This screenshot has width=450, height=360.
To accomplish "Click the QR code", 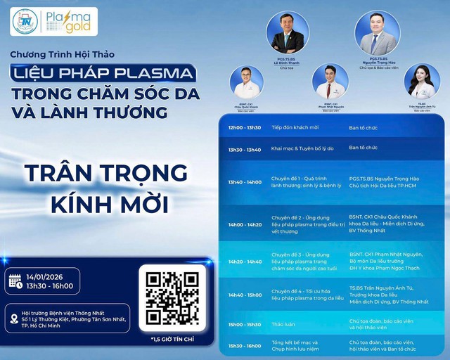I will tap(172, 297).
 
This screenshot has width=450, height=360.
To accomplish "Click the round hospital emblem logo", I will tap(26, 22).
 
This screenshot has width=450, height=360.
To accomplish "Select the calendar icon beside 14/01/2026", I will tap(15, 281).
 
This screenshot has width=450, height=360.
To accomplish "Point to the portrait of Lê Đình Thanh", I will tap(287, 31).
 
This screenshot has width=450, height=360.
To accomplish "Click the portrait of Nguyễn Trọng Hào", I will tap(378, 32).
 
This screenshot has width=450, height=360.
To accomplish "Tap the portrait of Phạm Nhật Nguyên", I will tap(330, 82).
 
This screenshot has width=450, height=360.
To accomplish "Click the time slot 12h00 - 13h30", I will tap(244, 128).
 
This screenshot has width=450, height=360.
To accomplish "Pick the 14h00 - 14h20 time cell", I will tap(244, 225).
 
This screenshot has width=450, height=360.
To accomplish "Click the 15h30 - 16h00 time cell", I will tap(244, 345).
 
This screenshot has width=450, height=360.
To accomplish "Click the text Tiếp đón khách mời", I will tap(295, 128).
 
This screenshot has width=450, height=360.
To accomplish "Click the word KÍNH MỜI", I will tap(105, 204).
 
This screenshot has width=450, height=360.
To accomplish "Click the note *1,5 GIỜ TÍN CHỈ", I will tap(172, 340).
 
